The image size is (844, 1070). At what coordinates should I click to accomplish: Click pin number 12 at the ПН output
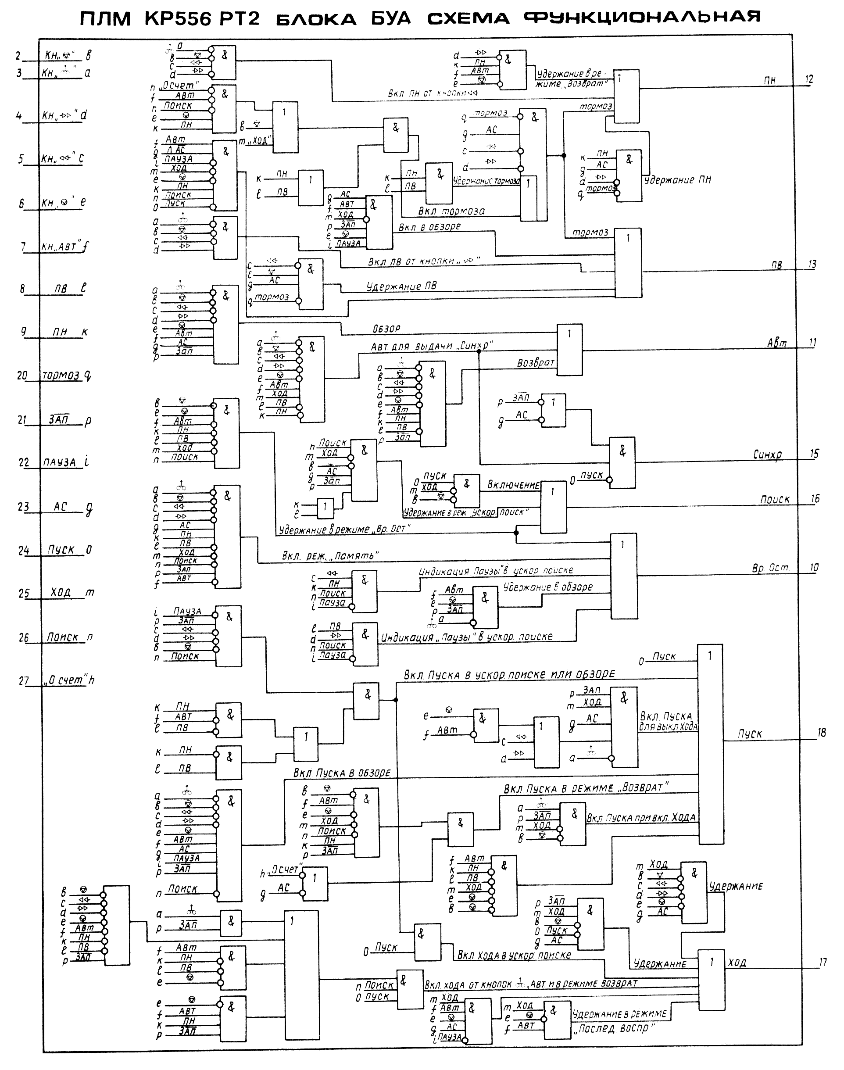pyautogui.click(x=808, y=79)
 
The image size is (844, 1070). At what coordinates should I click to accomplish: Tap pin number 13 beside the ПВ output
pyautogui.click(x=812, y=265)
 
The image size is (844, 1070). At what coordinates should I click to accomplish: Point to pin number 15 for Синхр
pyautogui.click(x=814, y=454)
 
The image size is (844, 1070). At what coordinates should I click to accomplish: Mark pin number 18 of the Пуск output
pyautogui.click(x=821, y=733)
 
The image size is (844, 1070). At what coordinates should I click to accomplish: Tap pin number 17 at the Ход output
pyautogui.click(x=822, y=962)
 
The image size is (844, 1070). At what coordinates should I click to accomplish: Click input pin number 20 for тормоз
pyautogui.click(x=22, y=376)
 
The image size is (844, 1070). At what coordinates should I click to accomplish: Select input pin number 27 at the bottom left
pyautogui.click(x=24, y=680)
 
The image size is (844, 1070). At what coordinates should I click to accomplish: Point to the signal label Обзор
pyautogui.click(x=386, y=329)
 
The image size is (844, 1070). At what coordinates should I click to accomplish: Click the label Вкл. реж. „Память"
pyautogui.click(x=330, y=556)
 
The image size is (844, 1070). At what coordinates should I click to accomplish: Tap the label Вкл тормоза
pyautogui.click(x=451, y=211)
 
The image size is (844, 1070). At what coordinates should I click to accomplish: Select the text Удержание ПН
pyautogui.click(x=677, y=180)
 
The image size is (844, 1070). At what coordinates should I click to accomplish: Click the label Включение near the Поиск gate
pyautogui.click(x=513, y=485)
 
